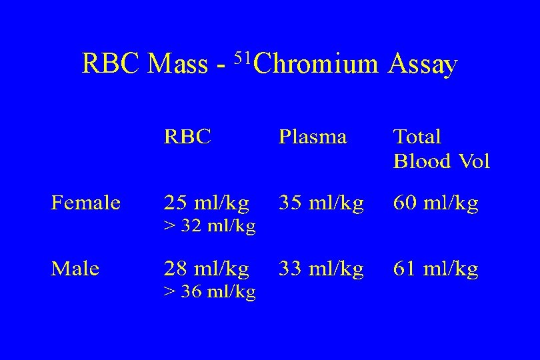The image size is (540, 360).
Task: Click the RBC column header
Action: click(x=188, y=137)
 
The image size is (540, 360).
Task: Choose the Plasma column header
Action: click(x=313, y=137)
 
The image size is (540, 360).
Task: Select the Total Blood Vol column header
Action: click(x=441, y=149)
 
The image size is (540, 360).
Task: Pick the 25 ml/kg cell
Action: click(x=207, y=203)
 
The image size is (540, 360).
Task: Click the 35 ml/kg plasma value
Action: click(x=321, y=203)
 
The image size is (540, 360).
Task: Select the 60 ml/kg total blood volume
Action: click(x=436, y=203)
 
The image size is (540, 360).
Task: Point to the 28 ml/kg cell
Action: click(x=207, y=269)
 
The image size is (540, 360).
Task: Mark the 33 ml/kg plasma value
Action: click(x=321, y=269)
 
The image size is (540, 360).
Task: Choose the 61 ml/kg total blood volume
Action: click(x=436, y=269)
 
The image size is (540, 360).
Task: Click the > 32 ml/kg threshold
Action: click(x=209, y=227)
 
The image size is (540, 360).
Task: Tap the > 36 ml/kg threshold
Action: click(x=209, y=293)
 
